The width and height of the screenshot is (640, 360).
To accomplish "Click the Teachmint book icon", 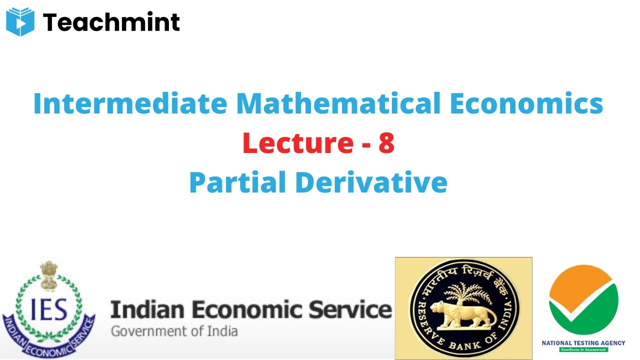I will pyautogui.click(x=20, y=22).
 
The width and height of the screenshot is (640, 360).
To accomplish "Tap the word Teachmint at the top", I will pyautogui.click(x=111, y=22).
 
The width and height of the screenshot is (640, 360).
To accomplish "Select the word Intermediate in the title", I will pyautogui.click(x=129, y=103).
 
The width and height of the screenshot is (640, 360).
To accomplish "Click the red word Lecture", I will pyautogui.click(x=297, y=143).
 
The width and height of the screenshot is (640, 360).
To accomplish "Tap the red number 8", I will pyautogui.click(x=386, y=143).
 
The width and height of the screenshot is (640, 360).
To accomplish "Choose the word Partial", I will pyautogui.click(x=237, y=182).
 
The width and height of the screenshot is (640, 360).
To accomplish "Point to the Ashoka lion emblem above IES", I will pyautogui.click(x=49, y=274).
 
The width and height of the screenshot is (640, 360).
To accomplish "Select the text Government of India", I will pyautogui.click(x=174, y=331).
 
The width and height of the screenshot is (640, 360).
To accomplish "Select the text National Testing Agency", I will pyautogui.click(x=583, y=343).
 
